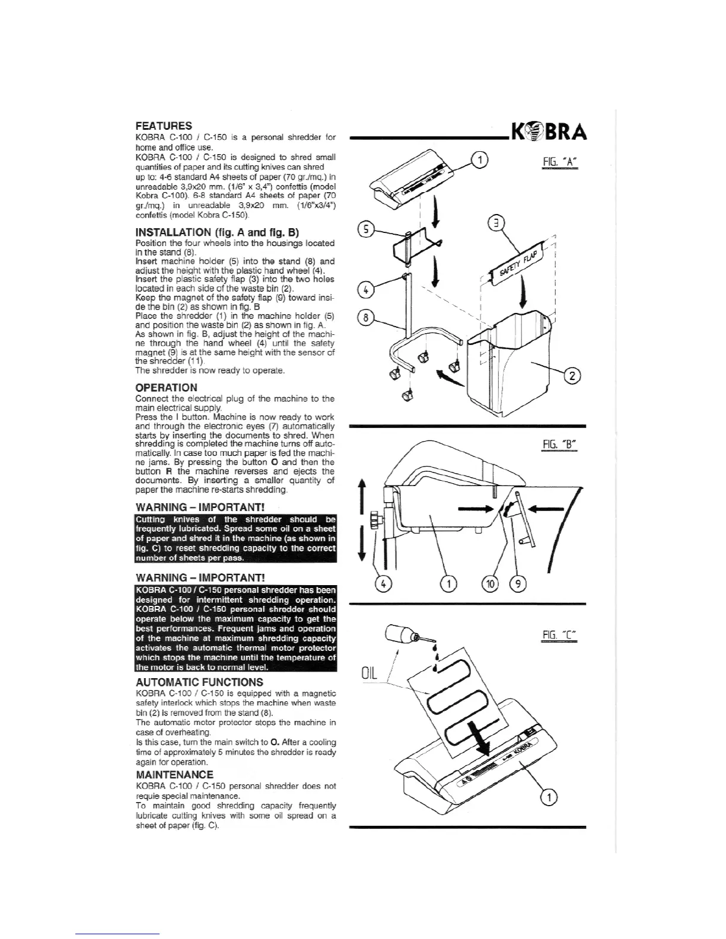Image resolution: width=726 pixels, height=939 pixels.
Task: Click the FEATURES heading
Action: (164, 126)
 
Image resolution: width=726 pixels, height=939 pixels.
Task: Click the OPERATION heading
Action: (167, 388)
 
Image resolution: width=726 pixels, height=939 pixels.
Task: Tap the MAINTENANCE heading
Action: (174, 775)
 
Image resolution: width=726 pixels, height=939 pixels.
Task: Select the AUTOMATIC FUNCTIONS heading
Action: (199, 682)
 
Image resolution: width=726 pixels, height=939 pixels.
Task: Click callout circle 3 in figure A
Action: (496, 223)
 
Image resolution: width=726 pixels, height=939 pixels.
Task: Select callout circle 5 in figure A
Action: (367, 229)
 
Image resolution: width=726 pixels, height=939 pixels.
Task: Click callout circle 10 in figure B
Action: (491, 584)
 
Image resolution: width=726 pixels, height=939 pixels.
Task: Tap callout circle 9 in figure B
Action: (518, 584)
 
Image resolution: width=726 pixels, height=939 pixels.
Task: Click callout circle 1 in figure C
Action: (549, 798)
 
